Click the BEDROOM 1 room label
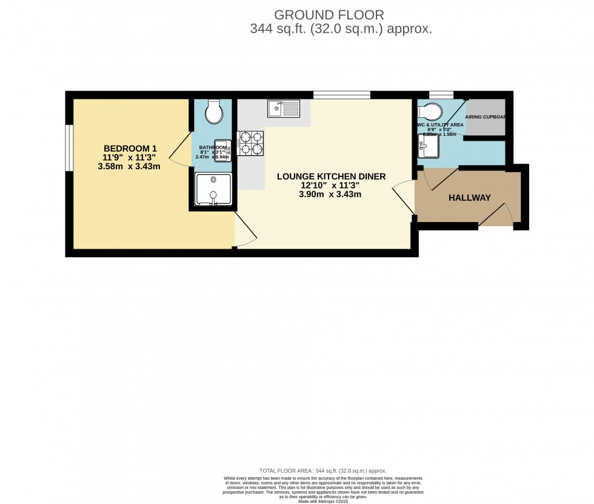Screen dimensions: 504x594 click(x=130, y=148)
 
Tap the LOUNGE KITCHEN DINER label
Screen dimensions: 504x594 click(x=331, y=176)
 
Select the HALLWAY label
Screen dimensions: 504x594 click(x=469, y=198)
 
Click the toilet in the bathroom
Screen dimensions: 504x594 click(x=213, y=111)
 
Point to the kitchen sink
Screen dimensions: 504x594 click(x=283, y=109)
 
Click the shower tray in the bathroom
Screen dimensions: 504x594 click(x=213, y=189)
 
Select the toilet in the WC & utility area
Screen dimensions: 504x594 click(x=430, y=112)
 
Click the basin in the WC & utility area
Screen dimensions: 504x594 click(x=430, y=144)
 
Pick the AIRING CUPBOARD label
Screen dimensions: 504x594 click(x=485, y=116)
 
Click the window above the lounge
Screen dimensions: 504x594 click(x=341, y=94)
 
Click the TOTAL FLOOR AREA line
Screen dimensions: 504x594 click(x=322, y=471)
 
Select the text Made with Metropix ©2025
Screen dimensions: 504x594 click(x=323, y=500)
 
